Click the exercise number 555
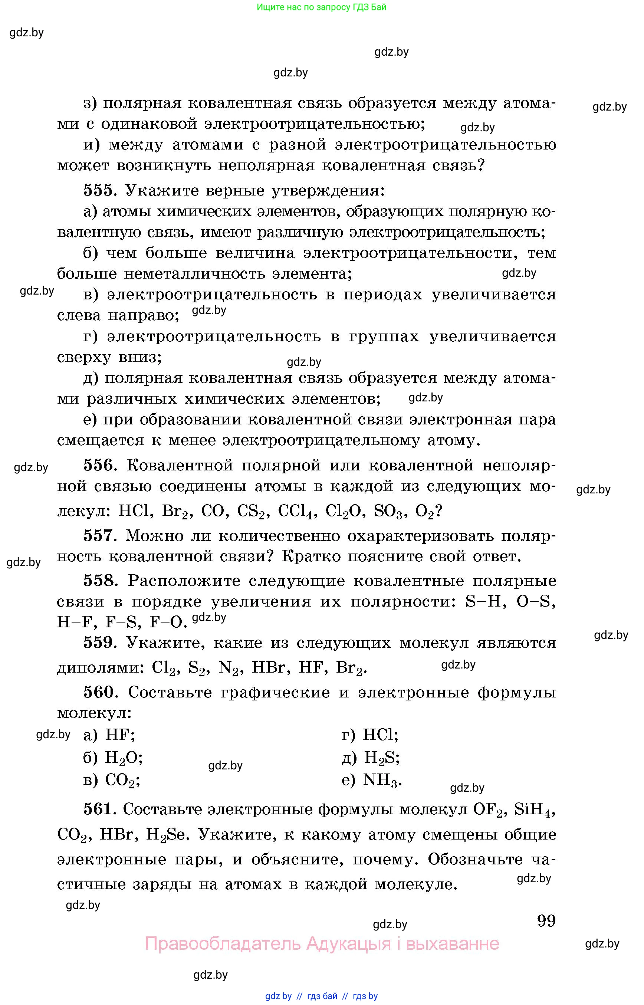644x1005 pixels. (98, 190)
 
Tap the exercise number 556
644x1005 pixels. (99, 465)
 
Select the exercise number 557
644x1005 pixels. (99, 535)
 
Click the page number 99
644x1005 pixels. (546, 920)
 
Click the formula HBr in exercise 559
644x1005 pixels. (270, 667)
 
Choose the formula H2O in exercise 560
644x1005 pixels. (124, 758)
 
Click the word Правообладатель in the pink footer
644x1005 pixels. (223, 944)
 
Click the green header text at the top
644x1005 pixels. (321, 7)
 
